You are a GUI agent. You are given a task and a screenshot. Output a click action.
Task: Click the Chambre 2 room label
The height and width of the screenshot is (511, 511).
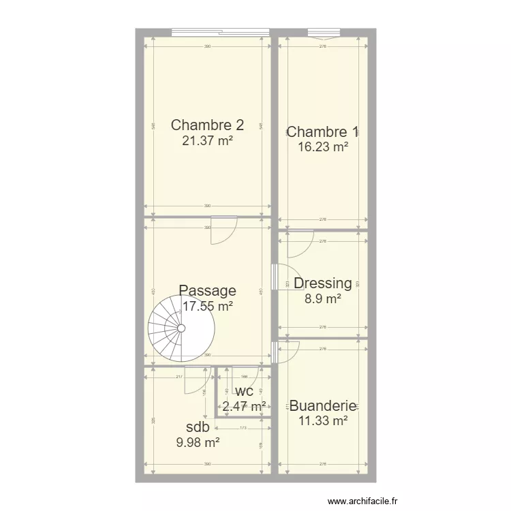207,125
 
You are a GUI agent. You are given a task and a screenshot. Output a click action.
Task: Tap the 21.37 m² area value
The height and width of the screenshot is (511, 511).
207,141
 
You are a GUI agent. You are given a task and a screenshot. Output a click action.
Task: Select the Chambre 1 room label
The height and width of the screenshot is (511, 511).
323,131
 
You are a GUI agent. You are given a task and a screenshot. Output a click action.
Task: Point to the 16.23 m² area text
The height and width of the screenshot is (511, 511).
323,146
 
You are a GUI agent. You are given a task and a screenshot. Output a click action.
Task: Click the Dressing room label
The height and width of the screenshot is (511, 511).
323,283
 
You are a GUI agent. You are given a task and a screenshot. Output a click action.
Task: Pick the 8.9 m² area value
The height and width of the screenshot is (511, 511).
323,298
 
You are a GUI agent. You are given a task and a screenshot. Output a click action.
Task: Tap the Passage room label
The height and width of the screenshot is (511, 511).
208,291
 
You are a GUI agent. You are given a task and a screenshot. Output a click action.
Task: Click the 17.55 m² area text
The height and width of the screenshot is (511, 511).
208,307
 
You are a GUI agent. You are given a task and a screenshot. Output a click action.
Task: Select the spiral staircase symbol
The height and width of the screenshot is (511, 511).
181,328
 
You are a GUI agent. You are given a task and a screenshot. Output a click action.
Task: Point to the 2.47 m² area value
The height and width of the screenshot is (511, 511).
244,407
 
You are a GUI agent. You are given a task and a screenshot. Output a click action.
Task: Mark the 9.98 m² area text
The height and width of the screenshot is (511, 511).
198,443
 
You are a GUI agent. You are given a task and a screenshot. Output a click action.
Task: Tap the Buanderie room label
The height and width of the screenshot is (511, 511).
323,406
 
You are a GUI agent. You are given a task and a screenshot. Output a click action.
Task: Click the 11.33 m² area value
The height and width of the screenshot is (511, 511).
323,421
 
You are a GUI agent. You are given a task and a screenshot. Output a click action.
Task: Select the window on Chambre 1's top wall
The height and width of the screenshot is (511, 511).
322,31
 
